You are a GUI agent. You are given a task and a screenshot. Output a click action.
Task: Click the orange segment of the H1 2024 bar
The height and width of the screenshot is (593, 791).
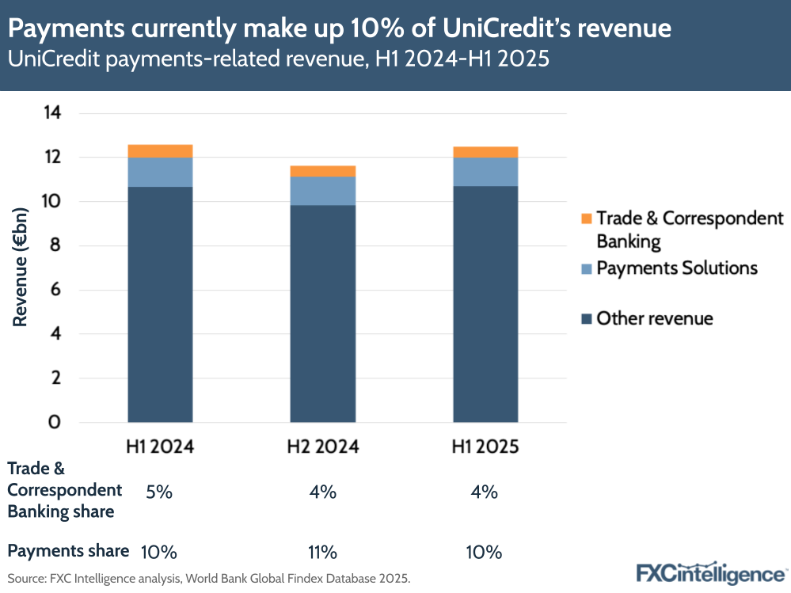pyautogui.click(x=160, y=151)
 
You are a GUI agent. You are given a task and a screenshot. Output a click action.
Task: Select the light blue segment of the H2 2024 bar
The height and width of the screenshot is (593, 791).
pyautogui.click(x=322, y=191)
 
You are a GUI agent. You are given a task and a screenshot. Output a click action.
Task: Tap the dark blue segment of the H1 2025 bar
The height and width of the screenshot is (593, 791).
pyautogui.click(x=485, y=305)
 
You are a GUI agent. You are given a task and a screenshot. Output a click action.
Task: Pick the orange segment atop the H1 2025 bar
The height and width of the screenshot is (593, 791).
pyautogui.click(x=485, y=152)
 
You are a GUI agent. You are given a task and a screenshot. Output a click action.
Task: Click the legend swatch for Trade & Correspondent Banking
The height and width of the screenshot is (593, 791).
pyautogui.click(x=587, y=219)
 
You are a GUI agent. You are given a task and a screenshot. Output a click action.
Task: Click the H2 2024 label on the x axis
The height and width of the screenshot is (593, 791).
pyautogui.click(x=322, y=447)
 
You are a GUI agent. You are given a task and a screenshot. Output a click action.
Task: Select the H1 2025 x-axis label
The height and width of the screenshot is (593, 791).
pyautogui.click(x=485, y=447)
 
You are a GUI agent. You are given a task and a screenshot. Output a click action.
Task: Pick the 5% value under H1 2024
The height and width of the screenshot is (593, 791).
pyautogui.click(x=159, y=492)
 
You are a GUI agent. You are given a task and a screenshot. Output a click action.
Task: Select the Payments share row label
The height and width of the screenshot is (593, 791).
pyautogui.click(x=68, y=551)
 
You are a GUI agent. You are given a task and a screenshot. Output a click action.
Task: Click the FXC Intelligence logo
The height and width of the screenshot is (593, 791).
pyautogui.click(x=709, y=572)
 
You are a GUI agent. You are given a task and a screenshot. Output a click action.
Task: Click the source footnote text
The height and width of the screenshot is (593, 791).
pyautogui.click(x=209, y=579)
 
